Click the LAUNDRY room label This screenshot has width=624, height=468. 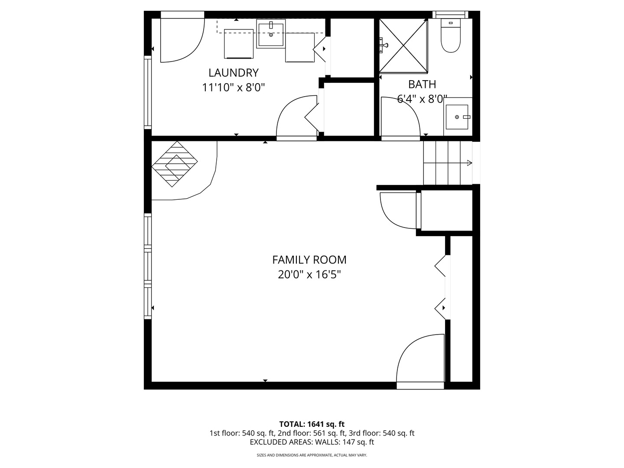(234, 73)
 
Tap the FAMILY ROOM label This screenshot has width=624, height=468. (309, 260)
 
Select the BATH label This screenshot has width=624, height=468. (422, 84)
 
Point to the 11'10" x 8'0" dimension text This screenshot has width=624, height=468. (234, 88)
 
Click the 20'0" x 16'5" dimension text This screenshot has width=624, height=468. (309, 275)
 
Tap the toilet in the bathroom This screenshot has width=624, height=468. (451, 36)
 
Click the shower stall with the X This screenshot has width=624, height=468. (403, 45)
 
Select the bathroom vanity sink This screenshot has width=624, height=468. (458, 117)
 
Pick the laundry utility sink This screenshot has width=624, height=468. (271, 33)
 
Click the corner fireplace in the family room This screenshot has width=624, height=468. (174, 164)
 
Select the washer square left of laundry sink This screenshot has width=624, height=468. (238, 43)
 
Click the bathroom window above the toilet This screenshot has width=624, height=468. (450, 14)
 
